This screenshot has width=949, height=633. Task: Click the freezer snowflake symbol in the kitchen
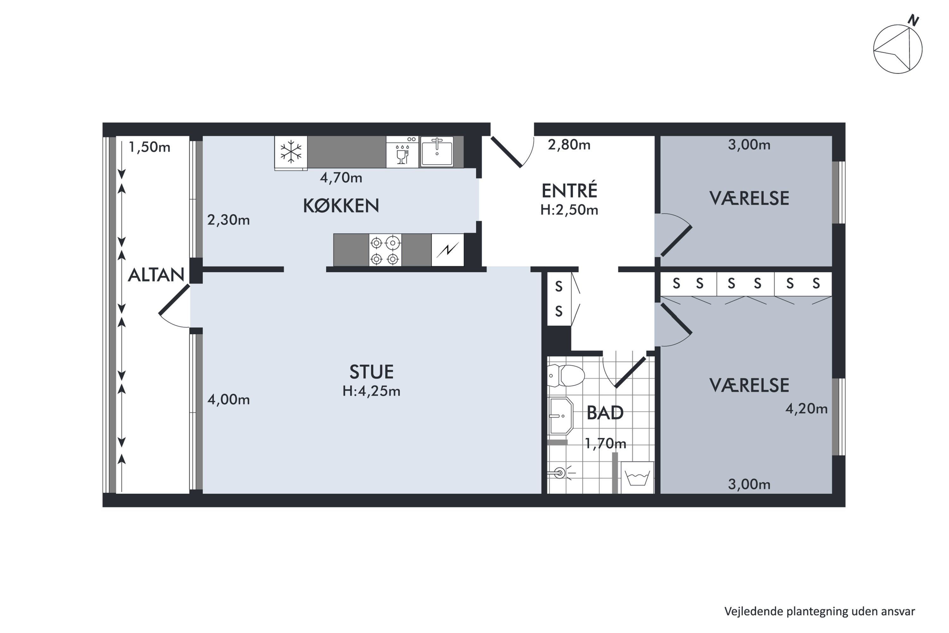click(291, 152)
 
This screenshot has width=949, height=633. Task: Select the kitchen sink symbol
click(437, 152)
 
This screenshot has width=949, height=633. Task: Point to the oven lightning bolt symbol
click(448, 250)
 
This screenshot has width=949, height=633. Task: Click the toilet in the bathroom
click(566, 375)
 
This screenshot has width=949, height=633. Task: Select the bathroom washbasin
click(561, 415)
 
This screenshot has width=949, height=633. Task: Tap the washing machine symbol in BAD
click(637, 478)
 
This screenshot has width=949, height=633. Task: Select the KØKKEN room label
click(341, 206)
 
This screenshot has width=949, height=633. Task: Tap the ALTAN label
click(156, 275)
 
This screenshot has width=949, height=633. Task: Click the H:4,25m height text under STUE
click(371, 391)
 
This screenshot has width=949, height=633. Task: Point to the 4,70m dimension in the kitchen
click(341, 178)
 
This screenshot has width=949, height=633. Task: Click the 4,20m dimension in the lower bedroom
click(806, 409)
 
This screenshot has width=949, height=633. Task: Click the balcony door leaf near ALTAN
click(174, 299)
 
